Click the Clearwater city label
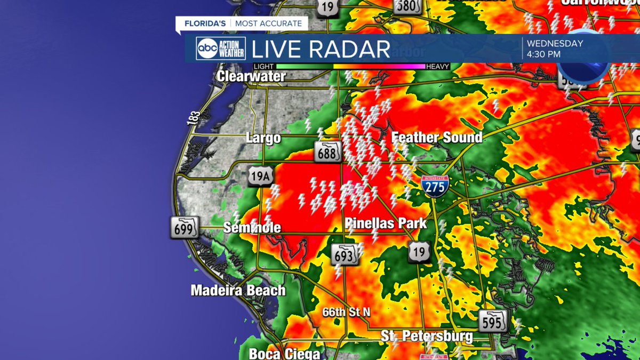tap(251, 76)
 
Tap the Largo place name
tap(263, 138)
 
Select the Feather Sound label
tap(437, 138)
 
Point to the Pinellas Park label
tap(386, 223)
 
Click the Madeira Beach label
tap(238, 291)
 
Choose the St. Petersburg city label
tap(427, 336)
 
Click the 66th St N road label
tap(346, 312)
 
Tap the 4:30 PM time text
tap(544, 54)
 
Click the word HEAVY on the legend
tap(438, 67)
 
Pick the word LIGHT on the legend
tap(263, 67)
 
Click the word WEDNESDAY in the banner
tap(555, 43)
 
